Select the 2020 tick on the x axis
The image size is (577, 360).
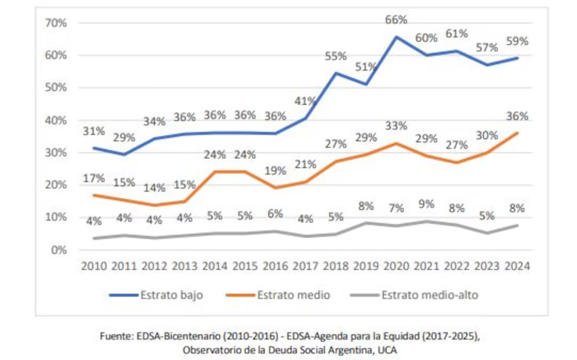[x=396, y=266]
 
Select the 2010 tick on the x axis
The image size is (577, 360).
[x=94, y=266]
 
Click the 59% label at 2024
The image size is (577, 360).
[x=517, y=41]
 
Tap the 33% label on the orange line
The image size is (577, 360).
[x=396, y=126]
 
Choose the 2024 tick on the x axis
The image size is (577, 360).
[x=517, y=266]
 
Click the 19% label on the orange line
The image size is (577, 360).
[x=276, y=171]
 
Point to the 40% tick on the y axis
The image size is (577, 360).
[x=56, y=120]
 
